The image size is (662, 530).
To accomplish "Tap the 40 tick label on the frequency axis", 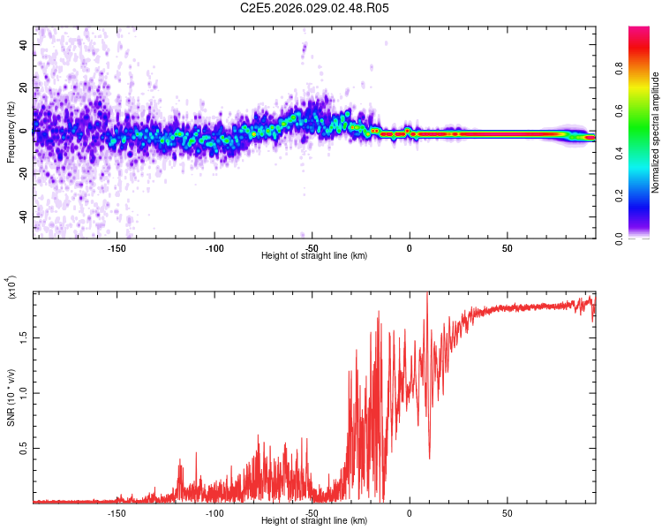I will pos(24,44).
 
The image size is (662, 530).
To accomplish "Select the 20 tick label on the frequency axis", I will pos(24,87).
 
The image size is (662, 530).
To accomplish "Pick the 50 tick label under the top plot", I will pos(507,248).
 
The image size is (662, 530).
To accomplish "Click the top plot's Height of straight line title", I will pos(314,256).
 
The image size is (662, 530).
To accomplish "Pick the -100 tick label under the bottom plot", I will pos(214,513).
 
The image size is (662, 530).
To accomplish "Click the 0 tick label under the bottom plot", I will pos(410,513).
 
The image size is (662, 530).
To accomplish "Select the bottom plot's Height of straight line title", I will pos(314,521).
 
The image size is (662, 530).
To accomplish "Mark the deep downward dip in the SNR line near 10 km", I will pos(429,457).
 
